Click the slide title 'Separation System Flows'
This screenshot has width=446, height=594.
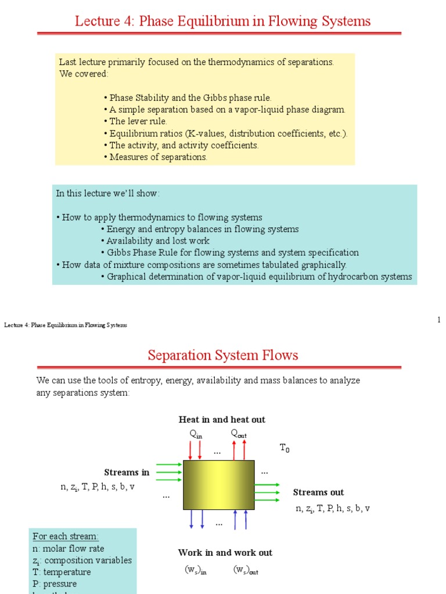click(x=222, y=355)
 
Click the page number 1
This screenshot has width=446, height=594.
click(x=439, y=320)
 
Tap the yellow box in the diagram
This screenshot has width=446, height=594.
click(x=218, y=485)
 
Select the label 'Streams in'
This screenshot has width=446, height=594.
click(x=127, y=472)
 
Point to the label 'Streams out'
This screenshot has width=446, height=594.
click(x=318, y=492)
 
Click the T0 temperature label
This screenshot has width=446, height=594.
click(x=284, y=448)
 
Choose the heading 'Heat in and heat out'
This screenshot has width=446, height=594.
click(x=222, y=419)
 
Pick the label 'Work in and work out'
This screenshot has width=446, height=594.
click(x=225, y=553)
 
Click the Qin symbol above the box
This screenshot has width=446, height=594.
click(x=196, y=434)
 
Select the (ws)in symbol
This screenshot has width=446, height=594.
click(x=195, y=571)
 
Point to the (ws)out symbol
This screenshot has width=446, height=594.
click(x=246, y=571)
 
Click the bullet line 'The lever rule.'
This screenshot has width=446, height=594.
click(x=138, y=121)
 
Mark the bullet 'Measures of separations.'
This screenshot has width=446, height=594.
click(x=157, y=157)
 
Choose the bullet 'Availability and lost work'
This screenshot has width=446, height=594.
click(x=157, y=241)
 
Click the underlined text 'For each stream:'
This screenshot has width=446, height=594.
click(x=66, y=537)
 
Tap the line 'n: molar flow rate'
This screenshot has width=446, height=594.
click(x=69, y=549)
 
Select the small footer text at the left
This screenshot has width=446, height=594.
click(x=66, y=325)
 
